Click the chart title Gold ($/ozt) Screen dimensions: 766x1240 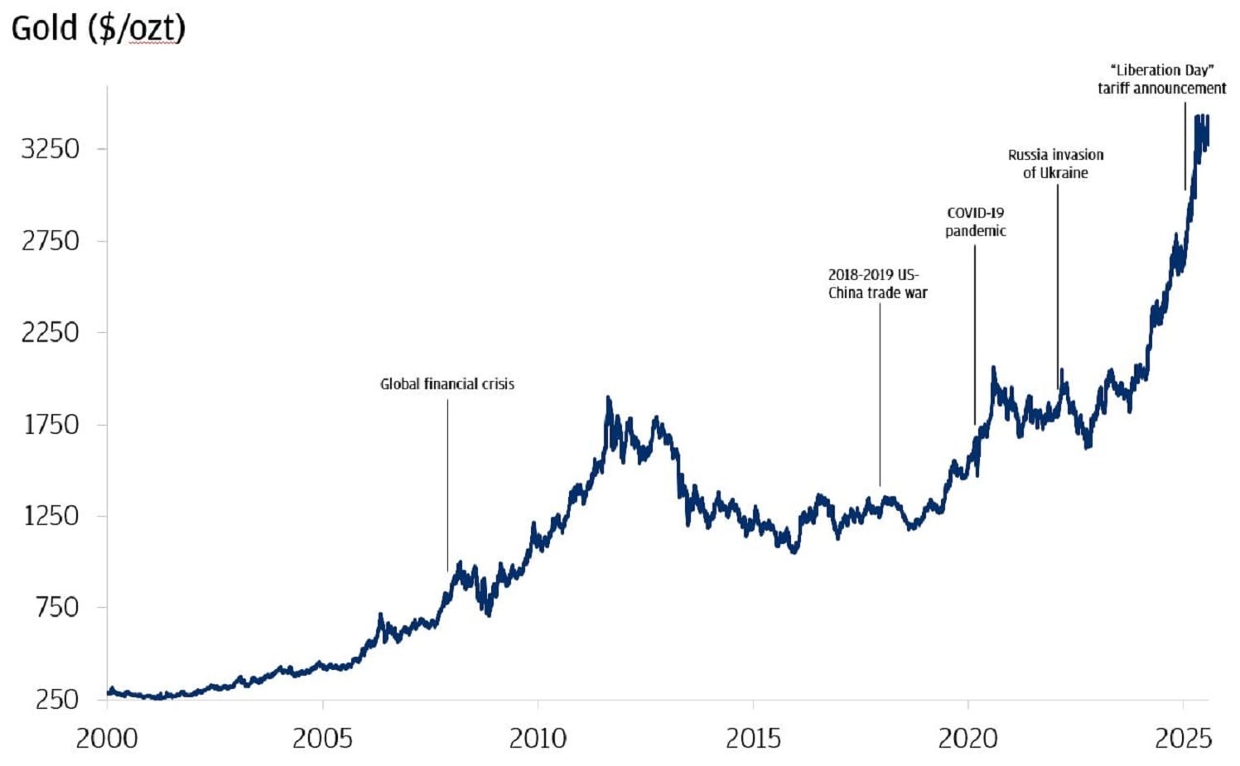(98, 28)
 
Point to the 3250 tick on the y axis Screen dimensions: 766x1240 (51, 149)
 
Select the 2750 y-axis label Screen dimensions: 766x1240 (51, 241)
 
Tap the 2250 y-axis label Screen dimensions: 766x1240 (51, 332)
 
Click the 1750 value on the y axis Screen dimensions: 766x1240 (51, 424)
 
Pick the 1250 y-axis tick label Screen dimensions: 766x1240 (51, 516)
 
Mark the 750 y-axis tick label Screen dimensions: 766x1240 (57, 607)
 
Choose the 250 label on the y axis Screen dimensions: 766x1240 (57, 699)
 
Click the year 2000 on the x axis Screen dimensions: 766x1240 (107, 738)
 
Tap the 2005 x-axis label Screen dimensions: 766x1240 (322, 738)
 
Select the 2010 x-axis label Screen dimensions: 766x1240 (538, 738)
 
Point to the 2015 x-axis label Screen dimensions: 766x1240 (754, 738)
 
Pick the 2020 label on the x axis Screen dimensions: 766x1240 (967, 738)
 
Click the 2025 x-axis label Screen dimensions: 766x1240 (1183, 738)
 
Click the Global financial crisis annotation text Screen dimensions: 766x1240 (447, 384)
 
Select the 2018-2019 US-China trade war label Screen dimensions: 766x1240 (877, 284)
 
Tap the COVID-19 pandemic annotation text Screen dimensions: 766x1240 (975, 222)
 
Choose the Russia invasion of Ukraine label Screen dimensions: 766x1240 (1055, 164)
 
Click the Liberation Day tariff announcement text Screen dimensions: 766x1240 (1161, 79)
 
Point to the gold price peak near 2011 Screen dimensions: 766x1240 (609, 400)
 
